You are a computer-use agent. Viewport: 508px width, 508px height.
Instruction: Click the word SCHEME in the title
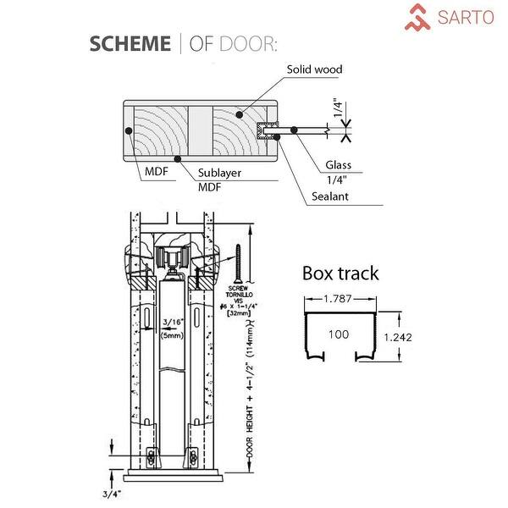click(130, 44)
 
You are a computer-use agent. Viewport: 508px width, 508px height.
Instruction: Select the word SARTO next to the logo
click(465, 17)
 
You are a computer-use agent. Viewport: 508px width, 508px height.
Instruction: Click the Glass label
click(338, 165)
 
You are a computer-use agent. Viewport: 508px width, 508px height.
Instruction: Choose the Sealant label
click(329, 196)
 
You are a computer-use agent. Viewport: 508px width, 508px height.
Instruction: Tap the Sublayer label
click(220, 173)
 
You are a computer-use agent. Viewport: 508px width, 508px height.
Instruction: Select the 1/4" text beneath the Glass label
click(338, 179)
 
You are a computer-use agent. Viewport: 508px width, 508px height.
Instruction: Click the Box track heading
click(340, 273)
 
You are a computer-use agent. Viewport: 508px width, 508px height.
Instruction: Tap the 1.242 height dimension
click(398, 337)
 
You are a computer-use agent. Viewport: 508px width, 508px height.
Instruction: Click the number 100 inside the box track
click(339, 334)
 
